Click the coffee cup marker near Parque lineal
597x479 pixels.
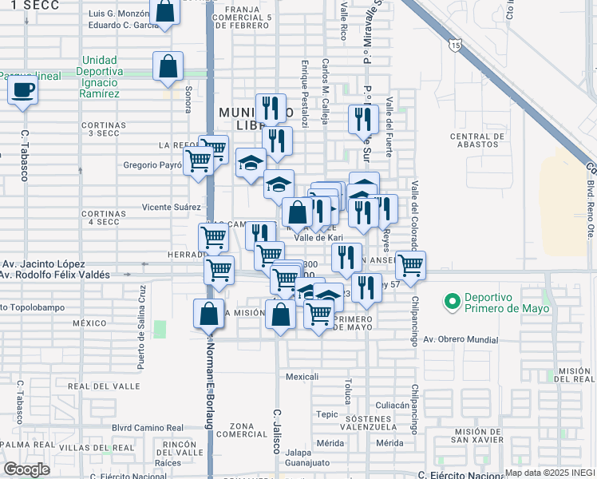23,90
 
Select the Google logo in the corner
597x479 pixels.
26,469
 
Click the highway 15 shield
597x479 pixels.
453,46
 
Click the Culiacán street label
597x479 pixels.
393,406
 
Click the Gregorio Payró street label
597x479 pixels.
152,165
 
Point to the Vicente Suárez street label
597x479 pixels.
171,207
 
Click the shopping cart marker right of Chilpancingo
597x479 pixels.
410,265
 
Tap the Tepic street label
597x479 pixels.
326,414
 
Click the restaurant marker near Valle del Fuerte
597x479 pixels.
362,120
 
